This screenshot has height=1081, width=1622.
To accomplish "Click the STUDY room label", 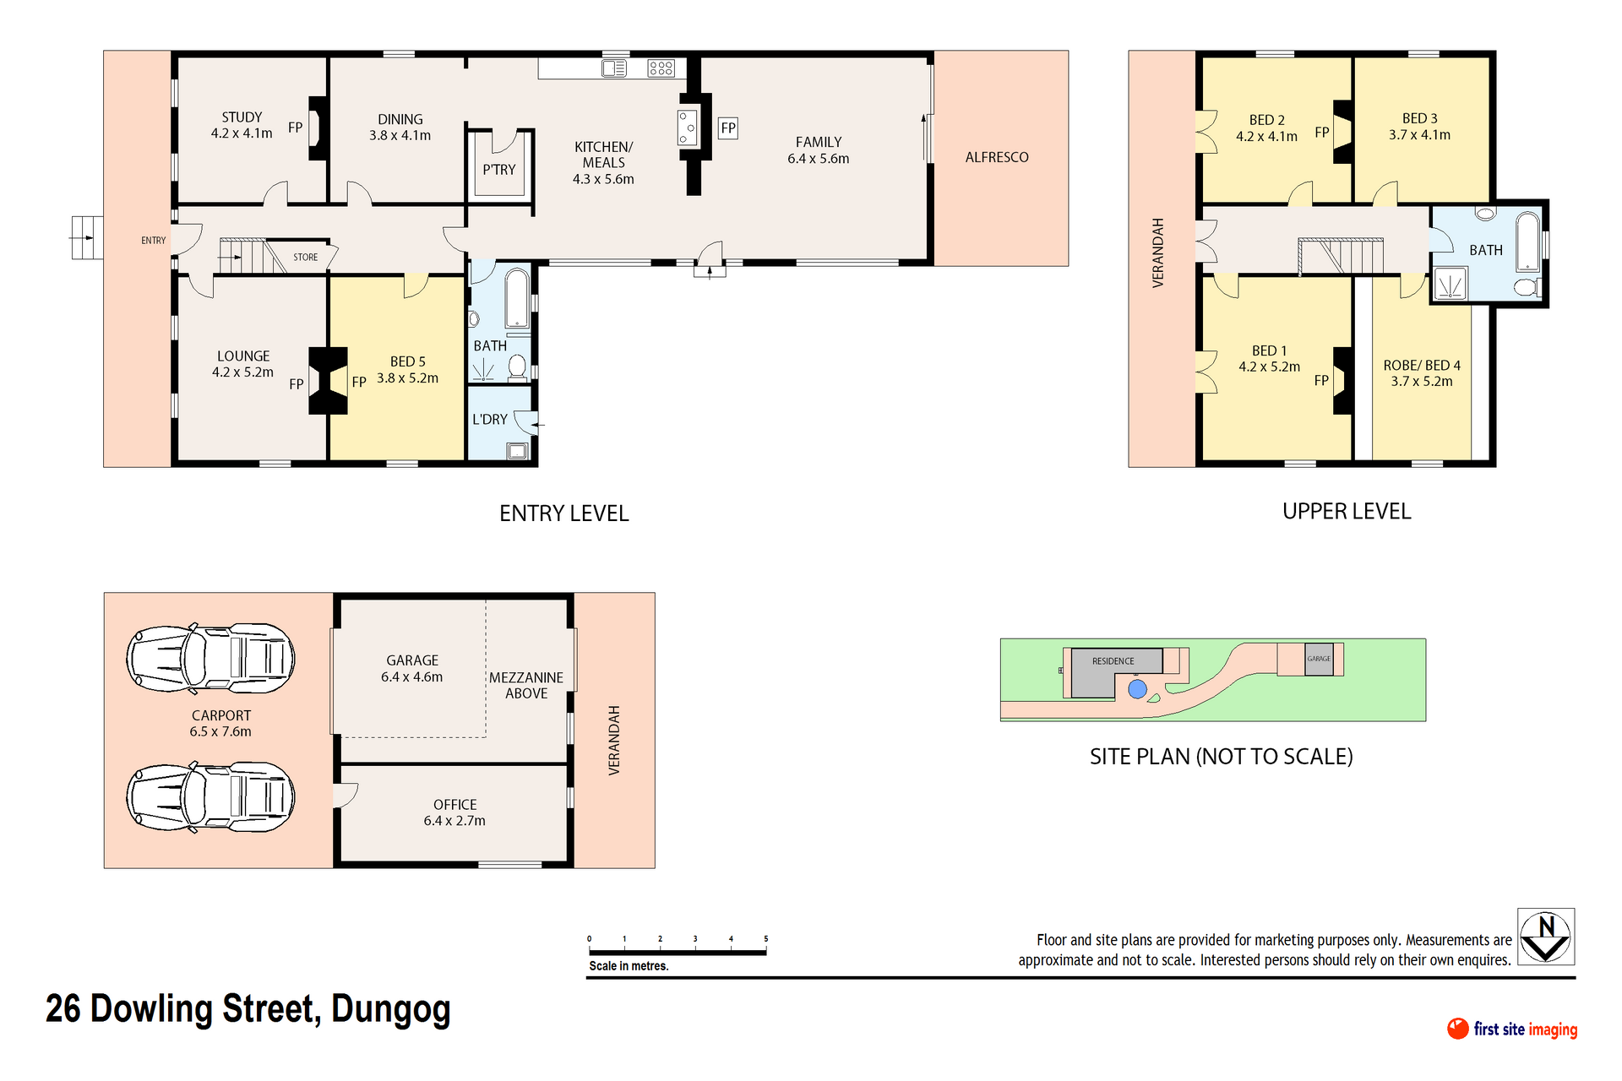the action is pos(242,117).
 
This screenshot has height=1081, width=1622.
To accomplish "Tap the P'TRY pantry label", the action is pos(499,170).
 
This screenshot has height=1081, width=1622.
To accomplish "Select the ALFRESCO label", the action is pos(997,157).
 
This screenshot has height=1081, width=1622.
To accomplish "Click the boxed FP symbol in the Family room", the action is pos(728,128).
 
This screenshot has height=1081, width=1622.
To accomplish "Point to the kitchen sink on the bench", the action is pos(614,68).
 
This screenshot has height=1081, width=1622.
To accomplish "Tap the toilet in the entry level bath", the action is pos(517,367).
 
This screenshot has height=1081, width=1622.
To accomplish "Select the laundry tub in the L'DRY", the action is pos(517,451).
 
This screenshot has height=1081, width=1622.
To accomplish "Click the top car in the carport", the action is pos(210,658).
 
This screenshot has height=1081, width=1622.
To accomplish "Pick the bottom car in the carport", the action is pos(210,796).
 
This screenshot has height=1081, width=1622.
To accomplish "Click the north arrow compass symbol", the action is pos(1546,937).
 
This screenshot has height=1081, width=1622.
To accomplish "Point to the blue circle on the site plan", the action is pos(1138,689).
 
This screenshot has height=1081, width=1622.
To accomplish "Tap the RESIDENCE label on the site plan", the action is pos(1113,661).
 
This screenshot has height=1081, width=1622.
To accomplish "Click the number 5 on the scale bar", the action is pos(766,938).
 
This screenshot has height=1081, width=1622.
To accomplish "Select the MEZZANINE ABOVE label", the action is pos(526,686).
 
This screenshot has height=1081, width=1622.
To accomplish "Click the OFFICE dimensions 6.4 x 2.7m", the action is pos(454,821).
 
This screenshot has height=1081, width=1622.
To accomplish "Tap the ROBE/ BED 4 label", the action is pos(1422,366).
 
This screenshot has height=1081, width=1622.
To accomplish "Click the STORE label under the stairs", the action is pos(306,258).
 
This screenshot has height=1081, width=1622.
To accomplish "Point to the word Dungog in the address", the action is pos(391,1010).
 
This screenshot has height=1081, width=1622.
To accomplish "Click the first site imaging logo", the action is pos(1512,1029).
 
